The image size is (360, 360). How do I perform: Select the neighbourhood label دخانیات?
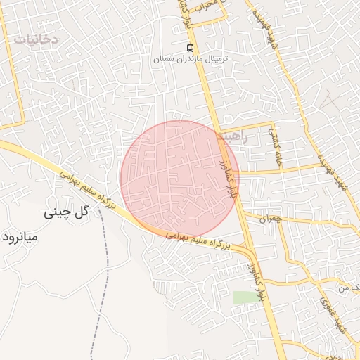[34, 39]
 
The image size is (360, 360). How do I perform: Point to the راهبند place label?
[233, 136]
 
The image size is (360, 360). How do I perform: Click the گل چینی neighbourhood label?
[67, 212]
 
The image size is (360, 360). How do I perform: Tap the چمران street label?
[269, 219]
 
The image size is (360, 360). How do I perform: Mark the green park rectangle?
[246, 298]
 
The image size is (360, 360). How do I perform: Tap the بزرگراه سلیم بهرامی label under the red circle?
[199, 241]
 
